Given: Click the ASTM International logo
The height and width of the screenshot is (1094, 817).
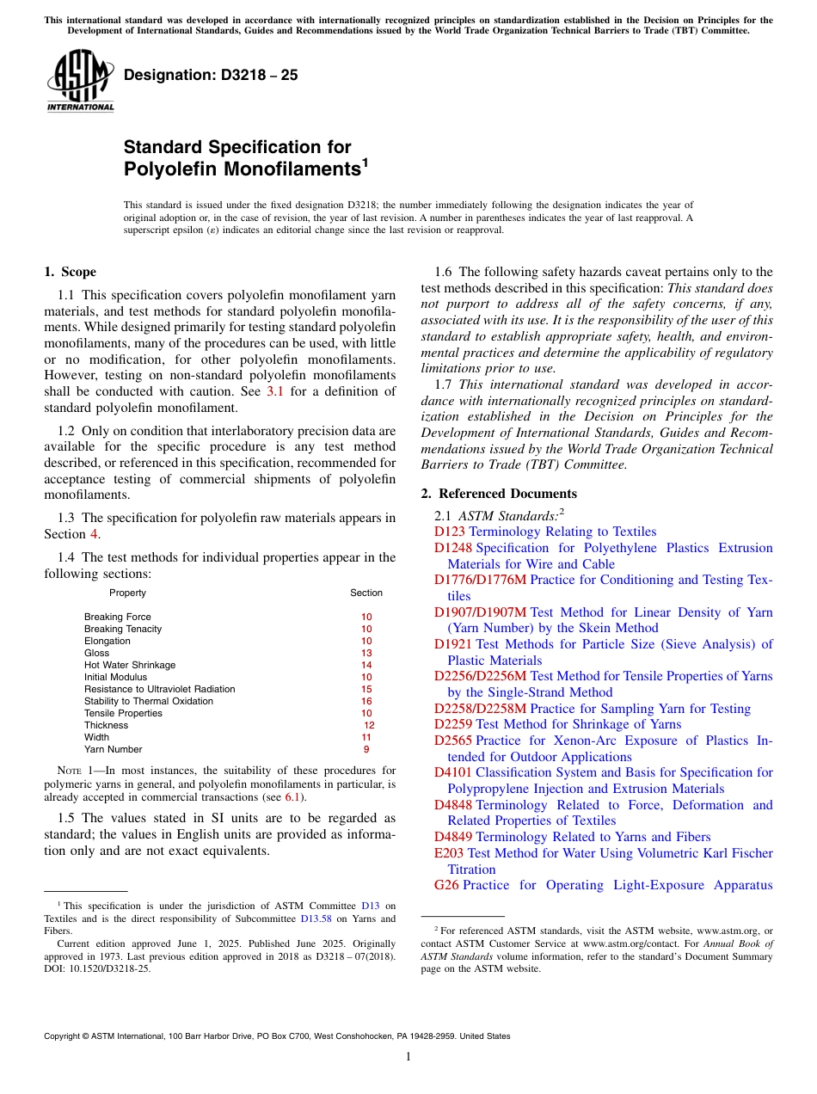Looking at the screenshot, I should (x=80, y=81).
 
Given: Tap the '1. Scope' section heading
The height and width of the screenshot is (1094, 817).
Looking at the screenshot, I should (x=71, y=272).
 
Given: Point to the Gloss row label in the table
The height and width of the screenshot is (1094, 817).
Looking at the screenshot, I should (x=96, y=653).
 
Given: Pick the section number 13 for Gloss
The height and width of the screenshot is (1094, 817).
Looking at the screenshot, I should (x=366, y=653).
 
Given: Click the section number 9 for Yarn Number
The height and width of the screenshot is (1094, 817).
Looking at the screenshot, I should (x=366, y=749).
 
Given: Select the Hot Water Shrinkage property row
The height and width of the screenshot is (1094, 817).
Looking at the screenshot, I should (x=130, y=665).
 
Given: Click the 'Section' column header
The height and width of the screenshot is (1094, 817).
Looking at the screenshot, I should (x=366, y=593).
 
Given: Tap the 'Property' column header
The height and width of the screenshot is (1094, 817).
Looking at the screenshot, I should (x=127, y=593).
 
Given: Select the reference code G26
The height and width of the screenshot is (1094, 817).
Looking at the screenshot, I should (x=446, y=885).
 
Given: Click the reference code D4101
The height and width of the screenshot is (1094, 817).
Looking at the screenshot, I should (x=452, y=772).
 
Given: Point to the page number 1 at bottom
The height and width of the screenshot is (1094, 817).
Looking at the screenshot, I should (x=408, y=1057).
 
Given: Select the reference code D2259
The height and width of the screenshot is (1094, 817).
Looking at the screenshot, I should (x=452, y=724).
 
